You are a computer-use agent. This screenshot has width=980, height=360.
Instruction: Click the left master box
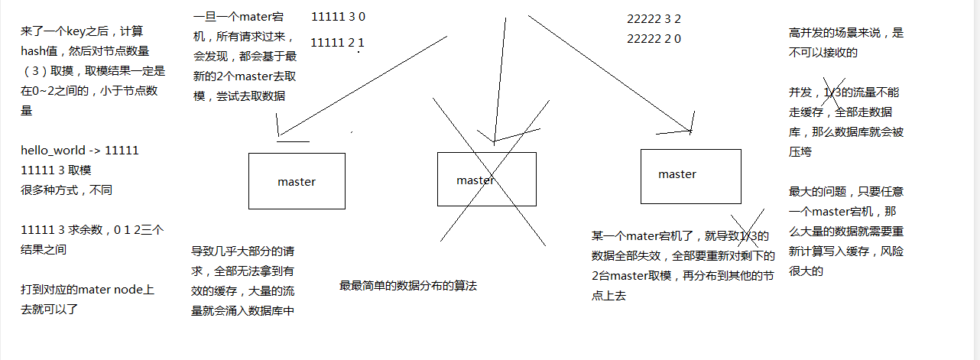point(297,181)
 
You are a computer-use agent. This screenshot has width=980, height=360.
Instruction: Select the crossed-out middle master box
point(486,180)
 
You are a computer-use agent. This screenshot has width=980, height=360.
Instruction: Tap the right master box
point(690,176)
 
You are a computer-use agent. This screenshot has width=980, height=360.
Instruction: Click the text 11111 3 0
point(338,16)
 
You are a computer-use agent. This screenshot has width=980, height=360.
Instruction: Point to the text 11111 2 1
point(338,42)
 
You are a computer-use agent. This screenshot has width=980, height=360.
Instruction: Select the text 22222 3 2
point(654,18)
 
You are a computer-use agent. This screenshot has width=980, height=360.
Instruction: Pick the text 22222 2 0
point(654,38)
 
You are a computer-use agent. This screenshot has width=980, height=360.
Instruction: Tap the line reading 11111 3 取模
point(57,170)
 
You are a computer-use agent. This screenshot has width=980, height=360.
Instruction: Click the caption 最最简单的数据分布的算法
point(408,286)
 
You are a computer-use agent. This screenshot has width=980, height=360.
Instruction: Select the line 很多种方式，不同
point(67,190)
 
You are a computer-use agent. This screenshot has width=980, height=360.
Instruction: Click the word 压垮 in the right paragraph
point(800,152)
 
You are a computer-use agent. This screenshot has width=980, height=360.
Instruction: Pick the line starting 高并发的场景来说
point(846,33)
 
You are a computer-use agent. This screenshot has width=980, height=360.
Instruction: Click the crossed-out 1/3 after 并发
point(832,92)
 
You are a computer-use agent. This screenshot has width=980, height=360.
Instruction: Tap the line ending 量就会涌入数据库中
point(242,310)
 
